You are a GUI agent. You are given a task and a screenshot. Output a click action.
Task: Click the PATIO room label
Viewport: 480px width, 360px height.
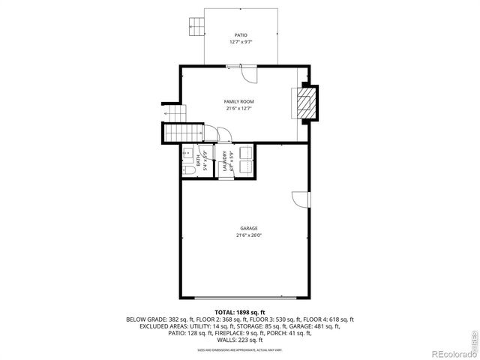(x=240, y=34)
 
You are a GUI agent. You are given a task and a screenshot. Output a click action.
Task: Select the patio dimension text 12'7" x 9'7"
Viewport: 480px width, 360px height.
(x=240, y=42)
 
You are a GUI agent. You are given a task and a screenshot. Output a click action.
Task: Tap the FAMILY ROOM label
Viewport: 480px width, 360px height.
(x=239, y=101)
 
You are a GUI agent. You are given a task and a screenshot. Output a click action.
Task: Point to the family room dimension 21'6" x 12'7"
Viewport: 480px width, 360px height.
(x=239, y=109)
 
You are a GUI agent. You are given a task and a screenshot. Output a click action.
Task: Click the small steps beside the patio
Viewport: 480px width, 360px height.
(x=196, y=25)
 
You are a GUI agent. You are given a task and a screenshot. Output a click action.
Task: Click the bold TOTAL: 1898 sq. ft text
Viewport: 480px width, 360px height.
(x=239, y=311)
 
